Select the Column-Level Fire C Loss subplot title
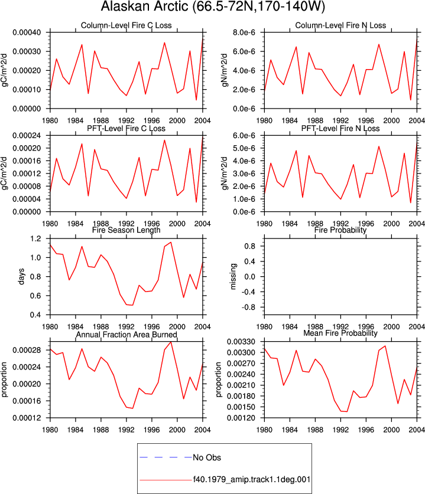(x=126, y=25)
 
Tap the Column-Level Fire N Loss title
(x=340, y=25)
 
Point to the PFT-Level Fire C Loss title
(x=126, y=128)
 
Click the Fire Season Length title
(x=126, y=230)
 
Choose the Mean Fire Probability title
(x=340, y=333)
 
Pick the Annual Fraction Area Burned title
(x=126, y=334)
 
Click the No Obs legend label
(x=207, y=457)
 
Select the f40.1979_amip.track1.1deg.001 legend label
(x=252, y=479)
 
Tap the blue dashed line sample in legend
(x=166, y=457)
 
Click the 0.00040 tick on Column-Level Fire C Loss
(x=27, y=32)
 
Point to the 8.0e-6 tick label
(x=244, y=32)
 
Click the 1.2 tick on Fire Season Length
(x=35, y=238)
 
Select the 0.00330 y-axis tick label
(x=241, y=342)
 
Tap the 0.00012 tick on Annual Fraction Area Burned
(x=27, y=418)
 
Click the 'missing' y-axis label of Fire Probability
(x=233, y=276)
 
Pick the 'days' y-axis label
(x=21, y=276)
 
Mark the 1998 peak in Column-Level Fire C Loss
(x=164, y=42)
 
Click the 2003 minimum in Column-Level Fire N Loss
(x=410, y=100)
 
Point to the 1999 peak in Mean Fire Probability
(x=385, y=346)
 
